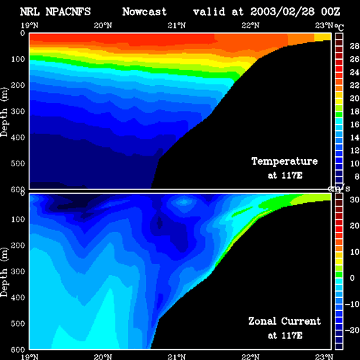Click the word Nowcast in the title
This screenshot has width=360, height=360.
(145, 12)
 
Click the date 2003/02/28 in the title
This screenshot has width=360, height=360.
(282, 12)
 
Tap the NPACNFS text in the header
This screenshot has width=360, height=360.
(68, 12)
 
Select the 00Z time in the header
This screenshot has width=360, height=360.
(330, 12)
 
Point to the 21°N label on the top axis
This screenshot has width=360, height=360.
(176, 25)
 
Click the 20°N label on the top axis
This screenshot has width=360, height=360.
(103, 25)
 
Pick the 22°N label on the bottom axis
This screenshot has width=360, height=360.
(251, 356)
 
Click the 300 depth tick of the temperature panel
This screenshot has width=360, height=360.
(18, 112)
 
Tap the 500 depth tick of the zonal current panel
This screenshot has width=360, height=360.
(18, 323)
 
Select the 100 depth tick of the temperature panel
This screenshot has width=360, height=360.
(18, 59)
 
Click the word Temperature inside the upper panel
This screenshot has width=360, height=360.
(284, 161)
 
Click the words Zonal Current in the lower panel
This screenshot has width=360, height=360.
(284, 321)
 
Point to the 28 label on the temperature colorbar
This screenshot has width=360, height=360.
(354, 46)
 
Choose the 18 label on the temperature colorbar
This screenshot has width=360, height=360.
(354, 112)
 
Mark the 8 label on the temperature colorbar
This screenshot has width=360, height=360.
(357, 176)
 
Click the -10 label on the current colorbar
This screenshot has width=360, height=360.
(352, 304)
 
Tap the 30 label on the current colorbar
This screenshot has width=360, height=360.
(354, 199)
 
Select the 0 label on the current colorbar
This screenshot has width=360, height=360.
(352, 278)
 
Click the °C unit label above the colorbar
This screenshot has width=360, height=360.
(339, 27)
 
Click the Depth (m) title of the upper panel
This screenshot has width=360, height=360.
(4, 112)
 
